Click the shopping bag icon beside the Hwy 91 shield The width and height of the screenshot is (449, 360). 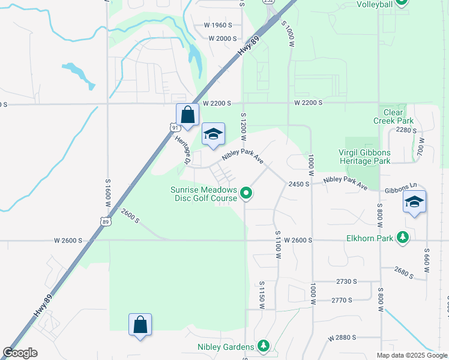click(x=187, y=115)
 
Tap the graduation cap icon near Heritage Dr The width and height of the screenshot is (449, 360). click(x=213, y=134)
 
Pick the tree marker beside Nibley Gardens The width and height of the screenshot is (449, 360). click(x=263, y=346)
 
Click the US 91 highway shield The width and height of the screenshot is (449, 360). click(x=174, y=128)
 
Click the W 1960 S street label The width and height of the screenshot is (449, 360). click(x=217, y=25)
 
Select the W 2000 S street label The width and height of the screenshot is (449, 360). click(x=223, y=38)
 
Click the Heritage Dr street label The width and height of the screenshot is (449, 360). click(x=182, y=150)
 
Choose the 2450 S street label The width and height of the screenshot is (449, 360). click(x=298, y=184)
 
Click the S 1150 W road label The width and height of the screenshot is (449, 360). click(x=262, y=294)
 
